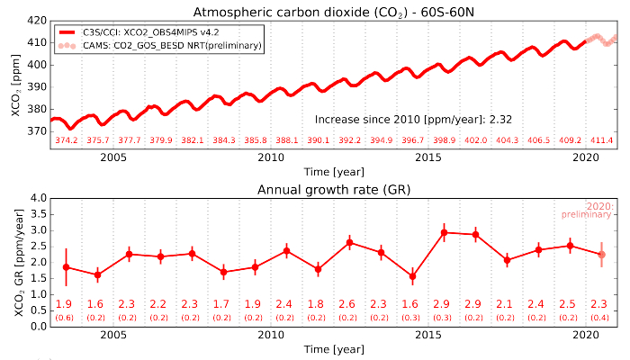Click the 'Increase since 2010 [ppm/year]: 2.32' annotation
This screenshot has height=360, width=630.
click(414, 119)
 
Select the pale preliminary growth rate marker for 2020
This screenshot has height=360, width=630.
click(601, 255)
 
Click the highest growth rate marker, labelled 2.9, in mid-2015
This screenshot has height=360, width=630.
click(444, 232)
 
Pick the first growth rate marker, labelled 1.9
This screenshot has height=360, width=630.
click(66, 266)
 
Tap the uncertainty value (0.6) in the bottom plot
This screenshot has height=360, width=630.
click(65, 318)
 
